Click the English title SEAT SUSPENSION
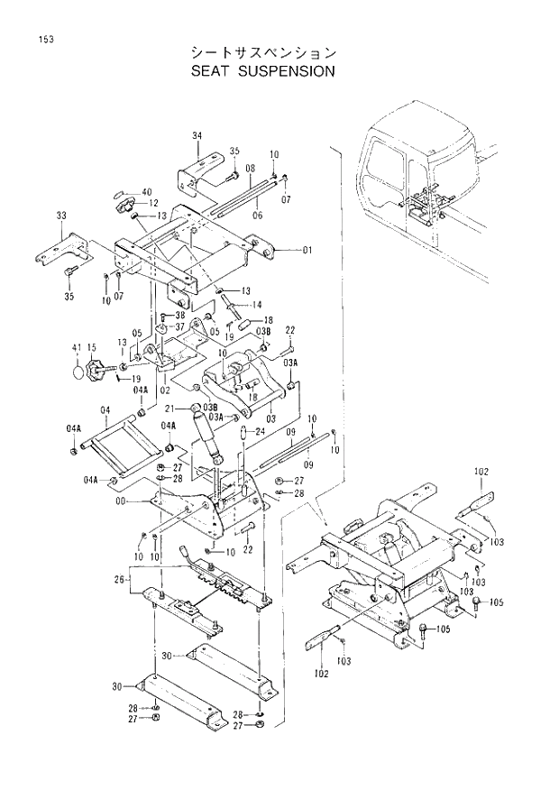coord(262,71)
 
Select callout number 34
coord(197,134)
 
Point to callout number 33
coord(61,216)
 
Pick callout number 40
coord(147,191)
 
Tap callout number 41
coord(77,346)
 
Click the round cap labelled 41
coord(78,370)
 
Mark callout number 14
coord(257,304)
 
